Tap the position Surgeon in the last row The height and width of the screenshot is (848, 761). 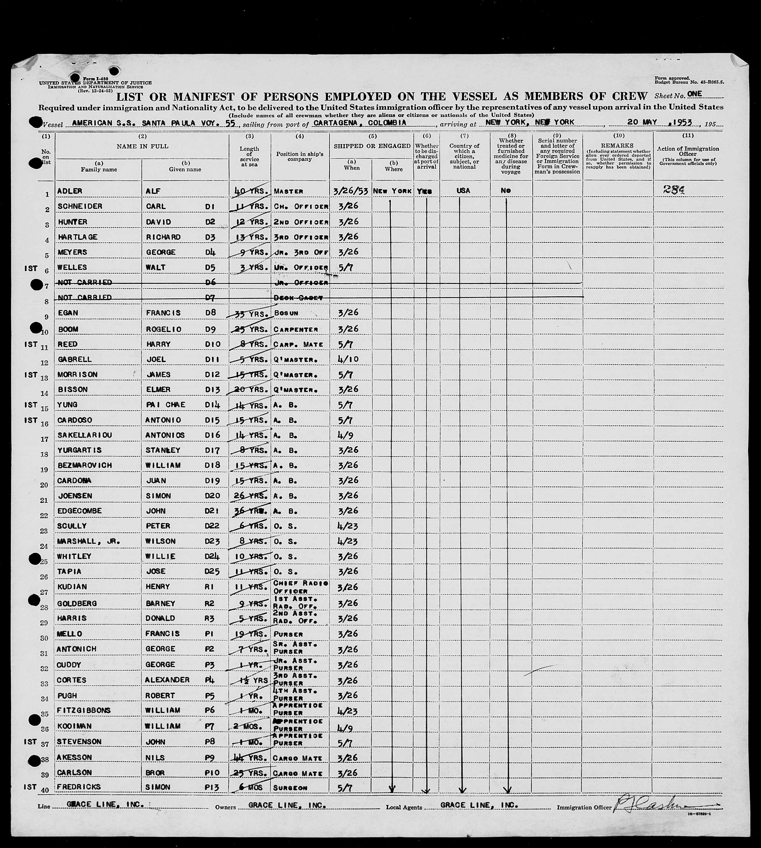click(290, 787)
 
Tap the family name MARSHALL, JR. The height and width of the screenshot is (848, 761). click(88, 541)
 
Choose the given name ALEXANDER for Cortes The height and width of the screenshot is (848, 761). click(167, 680)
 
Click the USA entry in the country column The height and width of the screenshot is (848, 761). click(463, 191)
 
